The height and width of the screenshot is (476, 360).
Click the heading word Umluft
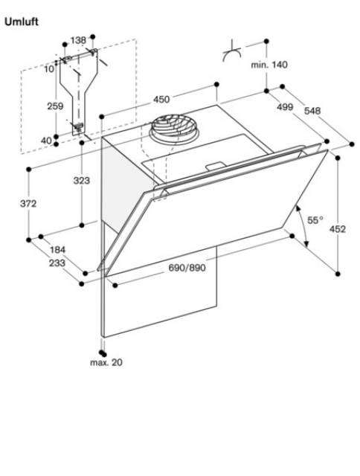22,22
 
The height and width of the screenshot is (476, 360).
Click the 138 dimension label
78,40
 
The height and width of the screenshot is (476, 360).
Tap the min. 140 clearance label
269,65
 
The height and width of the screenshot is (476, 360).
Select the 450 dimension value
161,99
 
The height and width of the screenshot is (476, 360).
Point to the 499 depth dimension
285,107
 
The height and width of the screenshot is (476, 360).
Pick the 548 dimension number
312,111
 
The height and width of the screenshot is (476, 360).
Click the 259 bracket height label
55,106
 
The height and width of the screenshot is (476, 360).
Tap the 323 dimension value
82,181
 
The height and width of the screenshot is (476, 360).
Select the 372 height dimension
28,203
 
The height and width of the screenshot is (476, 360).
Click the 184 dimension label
58,250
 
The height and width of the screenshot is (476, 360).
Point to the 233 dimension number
57,263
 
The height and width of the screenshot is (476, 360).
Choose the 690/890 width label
187,268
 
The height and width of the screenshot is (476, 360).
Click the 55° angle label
315,220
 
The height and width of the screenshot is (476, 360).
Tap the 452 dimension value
338,229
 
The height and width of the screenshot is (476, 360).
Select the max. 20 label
106,362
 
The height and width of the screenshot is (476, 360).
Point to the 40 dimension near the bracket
46,141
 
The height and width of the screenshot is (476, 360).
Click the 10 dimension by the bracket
49,69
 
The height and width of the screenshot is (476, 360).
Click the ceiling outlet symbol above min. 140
232,51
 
